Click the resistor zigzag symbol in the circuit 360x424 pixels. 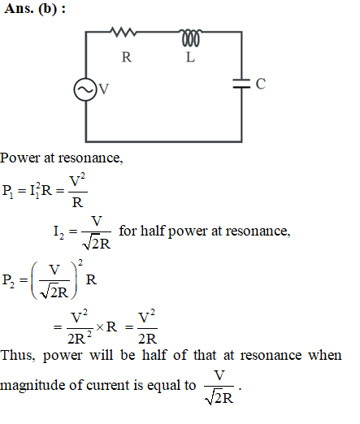(123, 32)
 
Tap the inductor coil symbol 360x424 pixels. (191, 37)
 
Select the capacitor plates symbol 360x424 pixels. (241, 84)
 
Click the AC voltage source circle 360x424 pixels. (85, 89)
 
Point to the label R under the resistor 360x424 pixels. (127, 57)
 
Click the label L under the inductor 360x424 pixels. (190, 57)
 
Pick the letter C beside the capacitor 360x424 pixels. (261, 84)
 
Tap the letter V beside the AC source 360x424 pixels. (104, 89)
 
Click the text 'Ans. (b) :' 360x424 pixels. (35, 9)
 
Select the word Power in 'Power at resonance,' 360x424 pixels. (20, 158)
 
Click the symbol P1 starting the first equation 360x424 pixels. (7, 191)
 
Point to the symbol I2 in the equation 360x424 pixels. (59, 232)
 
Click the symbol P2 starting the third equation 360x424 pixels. (8, 280)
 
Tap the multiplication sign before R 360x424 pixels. (100, 327)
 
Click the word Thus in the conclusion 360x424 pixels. (18, 355)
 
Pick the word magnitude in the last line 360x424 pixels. (33, 386)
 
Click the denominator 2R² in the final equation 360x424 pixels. (80, 338)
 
